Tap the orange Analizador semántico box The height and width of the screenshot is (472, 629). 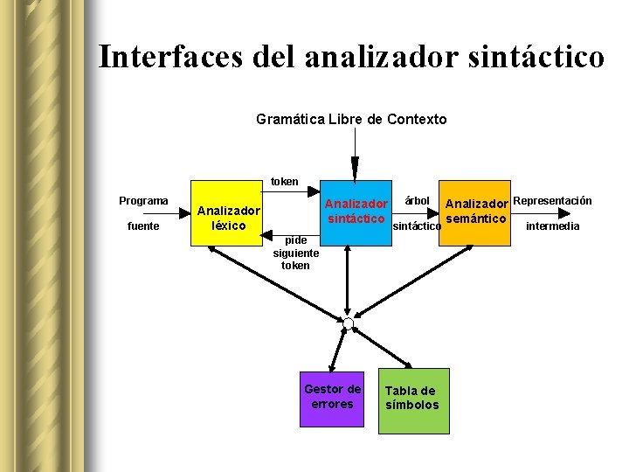pyautogui.click(x=477, y=214)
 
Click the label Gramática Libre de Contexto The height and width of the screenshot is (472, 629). pyautogui.click(x=351, y=119)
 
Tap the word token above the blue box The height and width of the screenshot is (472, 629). pyautogui.click(x=284, y=182)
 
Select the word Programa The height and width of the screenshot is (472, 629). pyautogui.click(x=143, y=201)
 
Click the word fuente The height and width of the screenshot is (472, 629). pyautogui.click(x=143, y=226)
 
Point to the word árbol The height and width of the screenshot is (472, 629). pyautogui.click(x=418, y=201)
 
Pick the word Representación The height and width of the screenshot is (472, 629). pyautogui.click(x=552, y=201)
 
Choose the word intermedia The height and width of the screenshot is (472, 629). pyautogui.click(x=552, y=226)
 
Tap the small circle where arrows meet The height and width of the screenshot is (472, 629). pyautogui.click(x=348, y=323)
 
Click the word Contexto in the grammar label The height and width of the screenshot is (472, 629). pyautogui.click(x=416, y=119)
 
